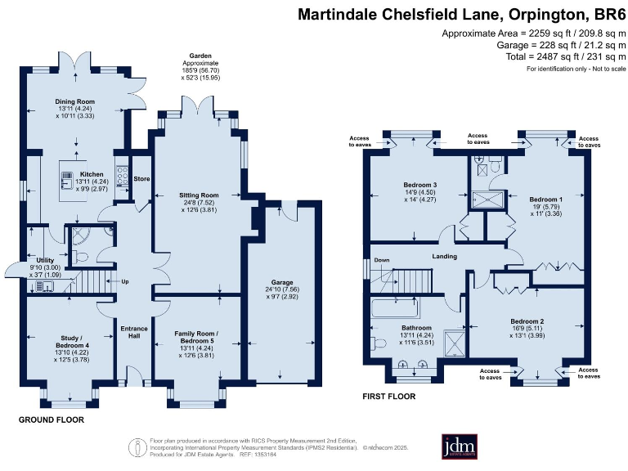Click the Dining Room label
point(75,101)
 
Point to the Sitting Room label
point(199,195)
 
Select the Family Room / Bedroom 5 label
point(199,334)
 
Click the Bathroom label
point(392,327)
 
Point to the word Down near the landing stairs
point(381,261)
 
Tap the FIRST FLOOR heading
point(388,397)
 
